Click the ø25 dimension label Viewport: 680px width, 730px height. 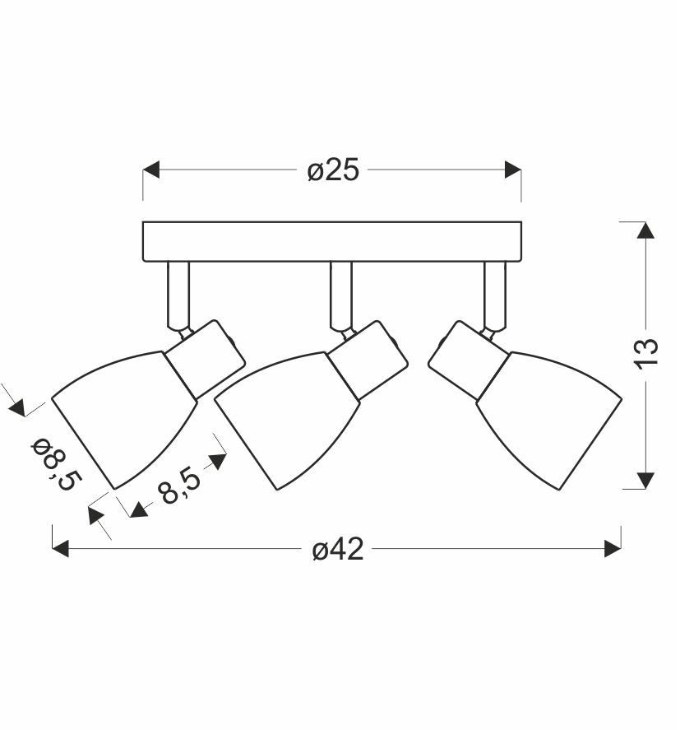point(334,170)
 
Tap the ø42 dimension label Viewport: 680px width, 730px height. point(338,550)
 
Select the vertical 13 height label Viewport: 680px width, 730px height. point(646,354)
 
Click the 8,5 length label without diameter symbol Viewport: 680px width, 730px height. point(179,485)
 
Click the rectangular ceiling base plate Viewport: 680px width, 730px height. point(332,242)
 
